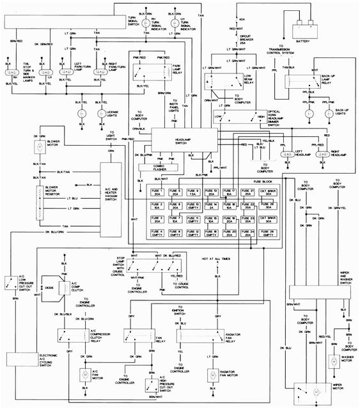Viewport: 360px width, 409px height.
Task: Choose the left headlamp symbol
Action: [289, 153]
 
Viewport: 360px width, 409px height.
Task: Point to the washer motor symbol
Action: [333, 362]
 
